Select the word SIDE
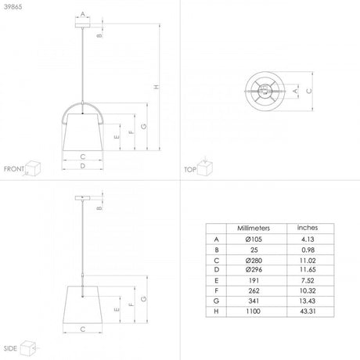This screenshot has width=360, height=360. (x=10, y=346)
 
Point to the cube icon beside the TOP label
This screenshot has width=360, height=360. (x=206, y=166)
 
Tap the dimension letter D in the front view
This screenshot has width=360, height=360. (x=82, y=166)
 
